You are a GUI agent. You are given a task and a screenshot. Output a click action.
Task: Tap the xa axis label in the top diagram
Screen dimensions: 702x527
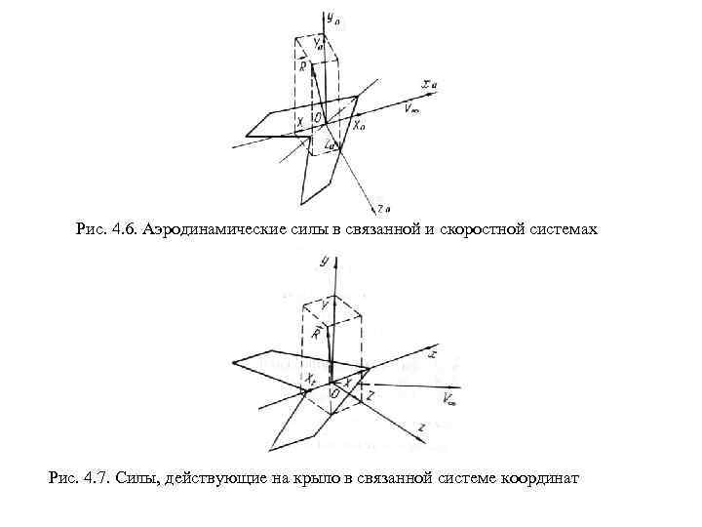coord(430,86)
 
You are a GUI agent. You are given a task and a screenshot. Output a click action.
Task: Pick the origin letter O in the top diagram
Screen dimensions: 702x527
coord(318,118)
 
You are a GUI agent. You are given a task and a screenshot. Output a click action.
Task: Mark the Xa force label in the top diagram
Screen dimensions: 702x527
coord(359,125)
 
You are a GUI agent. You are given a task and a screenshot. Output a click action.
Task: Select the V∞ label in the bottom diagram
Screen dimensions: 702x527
coord(450,398)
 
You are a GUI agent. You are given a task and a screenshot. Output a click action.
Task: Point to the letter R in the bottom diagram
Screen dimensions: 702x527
coord(316,335)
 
